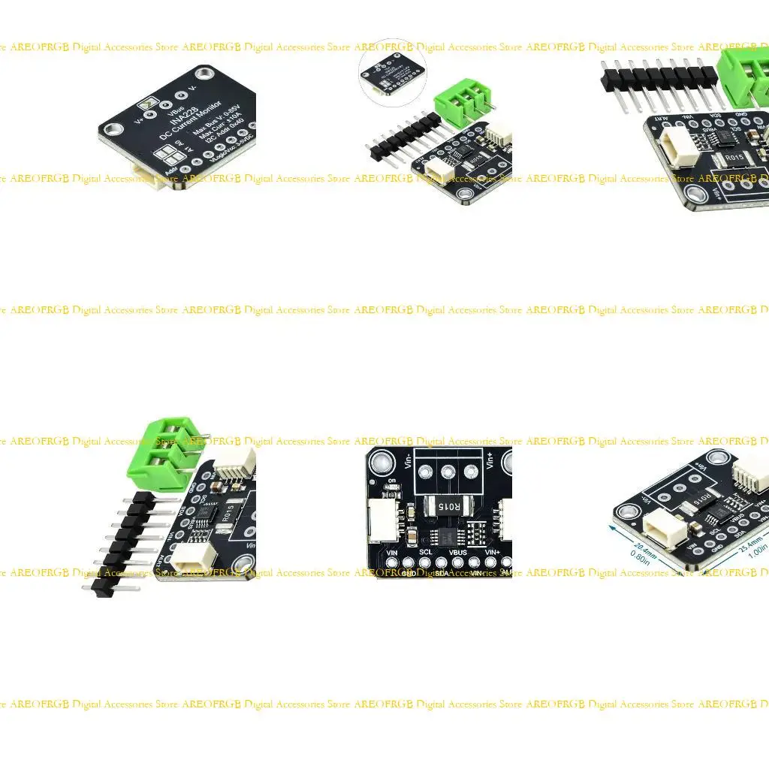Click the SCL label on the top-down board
(x=425, y=552)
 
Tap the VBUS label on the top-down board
(x=458, y=552)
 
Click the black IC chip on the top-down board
(x=448, y=537)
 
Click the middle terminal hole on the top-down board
(x=448, y=472)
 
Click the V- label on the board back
(x=193, y=89)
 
